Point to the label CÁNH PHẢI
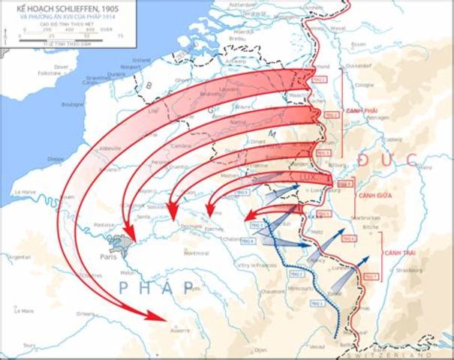tap(361, 111)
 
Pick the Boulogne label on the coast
tap(73, 104)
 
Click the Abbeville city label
tap(106, 148)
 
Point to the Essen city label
tap(358, 44)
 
